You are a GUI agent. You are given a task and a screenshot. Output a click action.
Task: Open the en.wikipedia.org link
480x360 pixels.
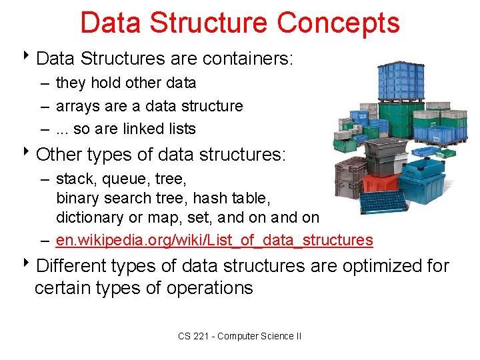(x=214, y=240)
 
